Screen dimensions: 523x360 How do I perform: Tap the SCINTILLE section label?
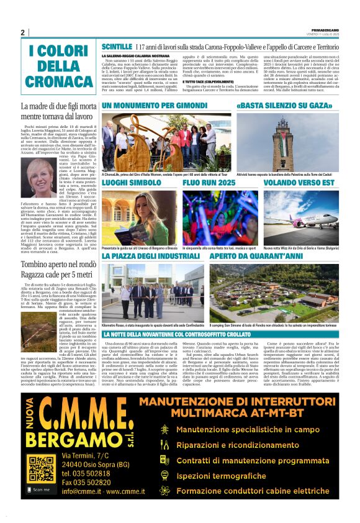116,47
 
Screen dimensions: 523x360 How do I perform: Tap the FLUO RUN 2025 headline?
209,184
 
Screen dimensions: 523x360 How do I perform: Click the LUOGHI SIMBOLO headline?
132,184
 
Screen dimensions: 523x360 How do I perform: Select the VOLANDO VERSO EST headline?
294,184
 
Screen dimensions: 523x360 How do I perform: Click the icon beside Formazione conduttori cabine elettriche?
164,491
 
